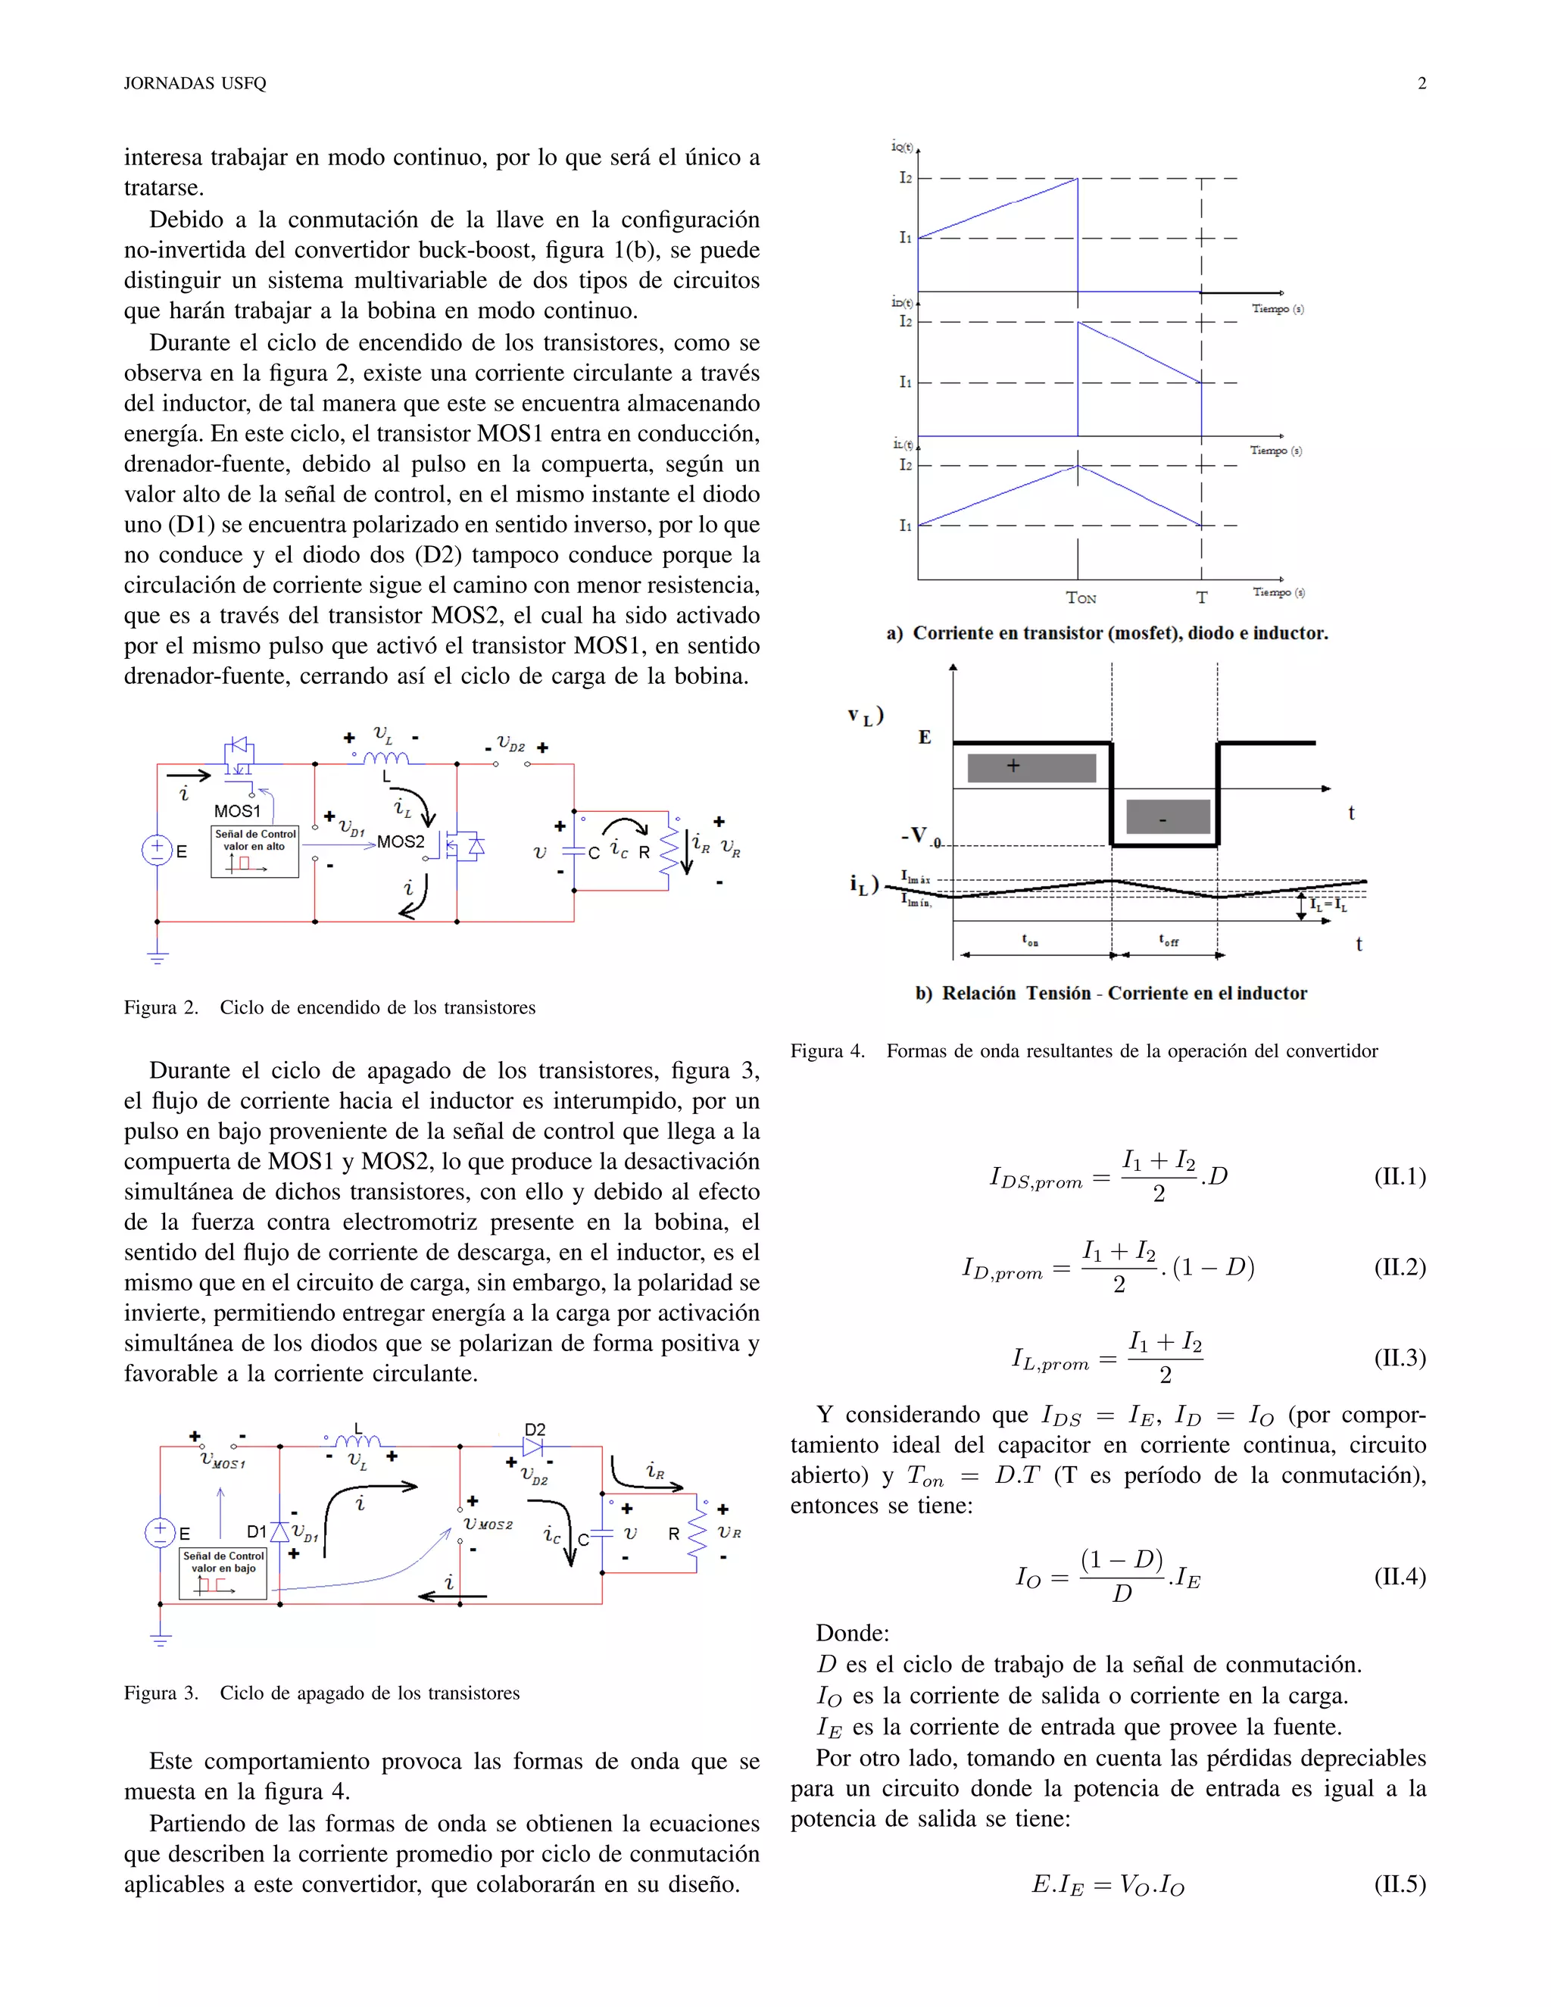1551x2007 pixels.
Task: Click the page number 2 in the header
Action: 1421,83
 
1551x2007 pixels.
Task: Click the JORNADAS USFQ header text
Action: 195,83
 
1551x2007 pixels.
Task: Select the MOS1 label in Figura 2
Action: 237,810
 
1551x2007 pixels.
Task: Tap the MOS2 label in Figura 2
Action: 401,841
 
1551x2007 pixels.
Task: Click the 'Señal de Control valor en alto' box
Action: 254,851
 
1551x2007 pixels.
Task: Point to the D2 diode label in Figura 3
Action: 535,1429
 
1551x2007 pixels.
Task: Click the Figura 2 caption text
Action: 330,1007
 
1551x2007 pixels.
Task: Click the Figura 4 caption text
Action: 1084,1050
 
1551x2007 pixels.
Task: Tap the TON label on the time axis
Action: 1081,598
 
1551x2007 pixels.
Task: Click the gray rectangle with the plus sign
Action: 1031,767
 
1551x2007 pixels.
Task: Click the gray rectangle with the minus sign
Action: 1167,816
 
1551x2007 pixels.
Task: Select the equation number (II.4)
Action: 1400,1577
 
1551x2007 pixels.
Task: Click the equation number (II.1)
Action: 1400,1176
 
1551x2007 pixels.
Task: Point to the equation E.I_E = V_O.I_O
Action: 1107,1885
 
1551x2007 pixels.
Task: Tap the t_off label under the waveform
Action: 1168,940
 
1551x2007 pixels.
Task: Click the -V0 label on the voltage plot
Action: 919,835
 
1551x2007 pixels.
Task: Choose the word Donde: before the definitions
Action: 852,1633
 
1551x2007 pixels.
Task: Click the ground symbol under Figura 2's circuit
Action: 158,957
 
